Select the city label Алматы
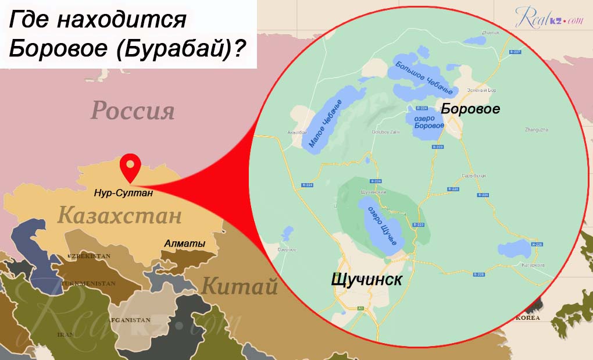click(184, 244)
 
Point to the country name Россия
click(133, 111)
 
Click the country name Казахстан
click(120, 216)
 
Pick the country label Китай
click(240, 286)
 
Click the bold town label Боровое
click(470, 109)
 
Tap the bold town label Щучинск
click(367, 279)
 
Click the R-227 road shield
click(514, 52)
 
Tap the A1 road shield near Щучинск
click(360, 308)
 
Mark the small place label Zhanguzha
click(536, 130)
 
